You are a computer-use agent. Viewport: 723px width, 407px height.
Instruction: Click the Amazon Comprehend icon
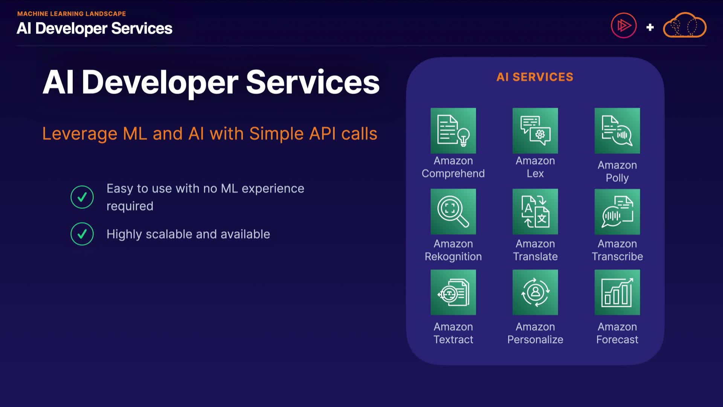click(453, 131)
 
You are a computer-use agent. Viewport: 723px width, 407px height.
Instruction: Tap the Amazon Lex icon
click(535, 131)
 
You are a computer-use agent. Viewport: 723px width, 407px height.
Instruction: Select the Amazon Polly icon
click(617, 131)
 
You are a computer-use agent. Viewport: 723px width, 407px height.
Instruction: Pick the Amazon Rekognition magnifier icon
click(453, 212)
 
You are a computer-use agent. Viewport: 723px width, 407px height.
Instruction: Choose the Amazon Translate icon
click(535, 212)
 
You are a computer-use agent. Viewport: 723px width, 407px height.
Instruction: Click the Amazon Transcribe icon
click(617, 212)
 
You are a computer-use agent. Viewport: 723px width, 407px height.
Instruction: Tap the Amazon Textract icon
click(453, 292)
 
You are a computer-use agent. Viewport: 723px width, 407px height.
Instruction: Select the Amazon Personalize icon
click(535, 292)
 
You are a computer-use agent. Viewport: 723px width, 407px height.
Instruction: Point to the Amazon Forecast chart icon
click(617, 292)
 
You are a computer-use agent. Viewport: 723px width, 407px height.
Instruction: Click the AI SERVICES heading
click(535, 77)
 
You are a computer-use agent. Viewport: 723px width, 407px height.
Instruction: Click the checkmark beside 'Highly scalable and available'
click(82, 234)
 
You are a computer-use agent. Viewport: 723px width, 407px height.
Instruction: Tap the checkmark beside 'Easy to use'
click(82, 197)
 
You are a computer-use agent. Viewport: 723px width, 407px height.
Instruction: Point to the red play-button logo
click(624, 26)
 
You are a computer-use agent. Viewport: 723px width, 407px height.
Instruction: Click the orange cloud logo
click(685, 25)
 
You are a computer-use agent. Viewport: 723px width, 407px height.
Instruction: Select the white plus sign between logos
click(650, 27)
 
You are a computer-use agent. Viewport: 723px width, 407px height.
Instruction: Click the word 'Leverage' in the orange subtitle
click(80, 134)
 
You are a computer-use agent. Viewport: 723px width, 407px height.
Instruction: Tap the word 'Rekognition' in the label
click(453, 257)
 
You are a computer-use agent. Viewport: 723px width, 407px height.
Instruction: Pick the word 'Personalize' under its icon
click(535, 340)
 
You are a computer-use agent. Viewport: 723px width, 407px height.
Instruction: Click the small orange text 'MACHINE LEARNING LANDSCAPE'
click(72, 14)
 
